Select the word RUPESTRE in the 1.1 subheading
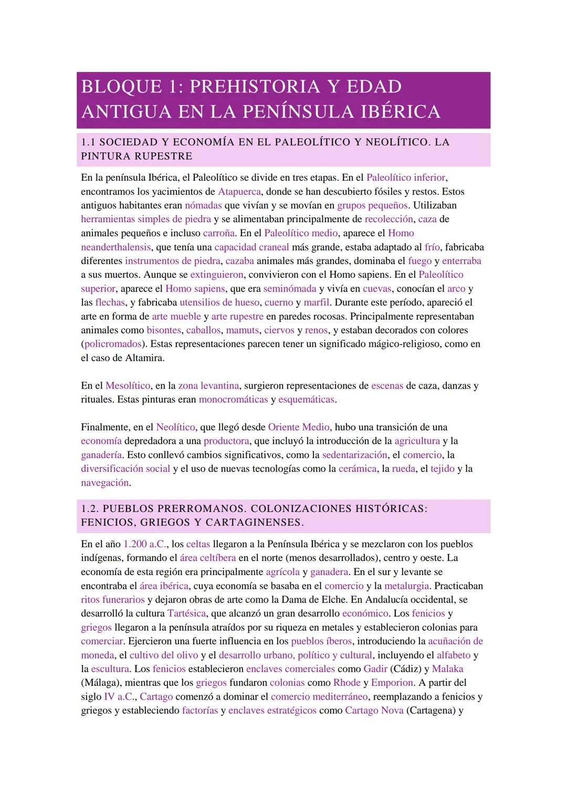[x=164, y=156]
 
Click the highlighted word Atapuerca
[x=239, y=191]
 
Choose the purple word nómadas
[x=203, y=205]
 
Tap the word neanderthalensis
[x=115, y=247]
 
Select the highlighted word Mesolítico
[x=128, y=386]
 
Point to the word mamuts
[x=242, y=330]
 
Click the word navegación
[x=105, y=482]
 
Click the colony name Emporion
[x=392, y=682]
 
